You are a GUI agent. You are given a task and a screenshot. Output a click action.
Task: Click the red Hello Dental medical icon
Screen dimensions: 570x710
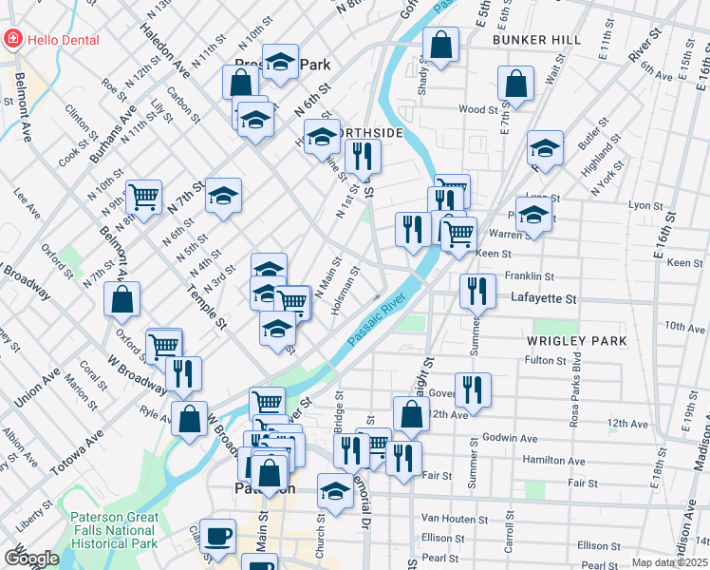coord(13,39)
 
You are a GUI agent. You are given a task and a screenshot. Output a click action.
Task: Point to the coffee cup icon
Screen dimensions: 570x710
coord(218,536)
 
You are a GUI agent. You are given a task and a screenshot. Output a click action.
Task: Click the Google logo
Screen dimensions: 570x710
coord(31,559)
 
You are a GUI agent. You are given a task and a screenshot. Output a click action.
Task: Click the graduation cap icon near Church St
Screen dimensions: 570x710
coord(335,490)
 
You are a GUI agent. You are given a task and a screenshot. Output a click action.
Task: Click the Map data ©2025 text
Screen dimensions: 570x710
coord(670,562)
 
